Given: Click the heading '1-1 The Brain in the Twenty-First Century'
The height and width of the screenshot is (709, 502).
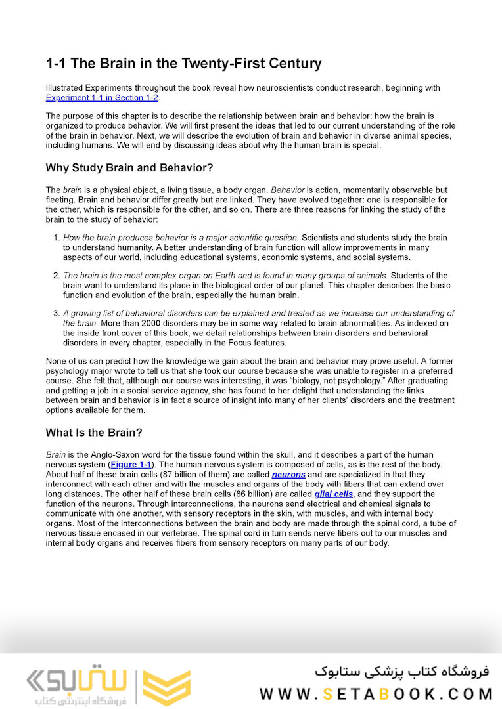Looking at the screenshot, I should (x=183, y=64).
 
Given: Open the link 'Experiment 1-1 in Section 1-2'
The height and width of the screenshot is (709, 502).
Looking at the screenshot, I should (x=102, y=98).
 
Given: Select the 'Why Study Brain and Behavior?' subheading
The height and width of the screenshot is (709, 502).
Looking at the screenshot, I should (x=129, y=167).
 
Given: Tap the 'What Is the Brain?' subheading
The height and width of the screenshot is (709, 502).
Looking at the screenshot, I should (x=94, y=433).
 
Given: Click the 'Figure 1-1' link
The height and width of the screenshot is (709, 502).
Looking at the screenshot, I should (x=130, y=464).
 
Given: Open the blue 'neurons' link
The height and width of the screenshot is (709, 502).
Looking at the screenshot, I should (x=288, y=474).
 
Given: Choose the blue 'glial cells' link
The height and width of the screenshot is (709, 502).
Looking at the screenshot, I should (x=333, y=494).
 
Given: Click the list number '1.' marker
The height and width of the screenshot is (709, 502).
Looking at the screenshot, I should (x=57, y=238).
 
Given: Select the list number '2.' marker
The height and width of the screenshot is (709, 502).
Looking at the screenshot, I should (x=57, y=276).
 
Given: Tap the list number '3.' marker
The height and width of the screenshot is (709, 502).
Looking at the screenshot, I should (x=57, y=313).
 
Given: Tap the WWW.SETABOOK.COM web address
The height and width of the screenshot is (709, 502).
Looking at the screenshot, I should (x=376, y=694).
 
